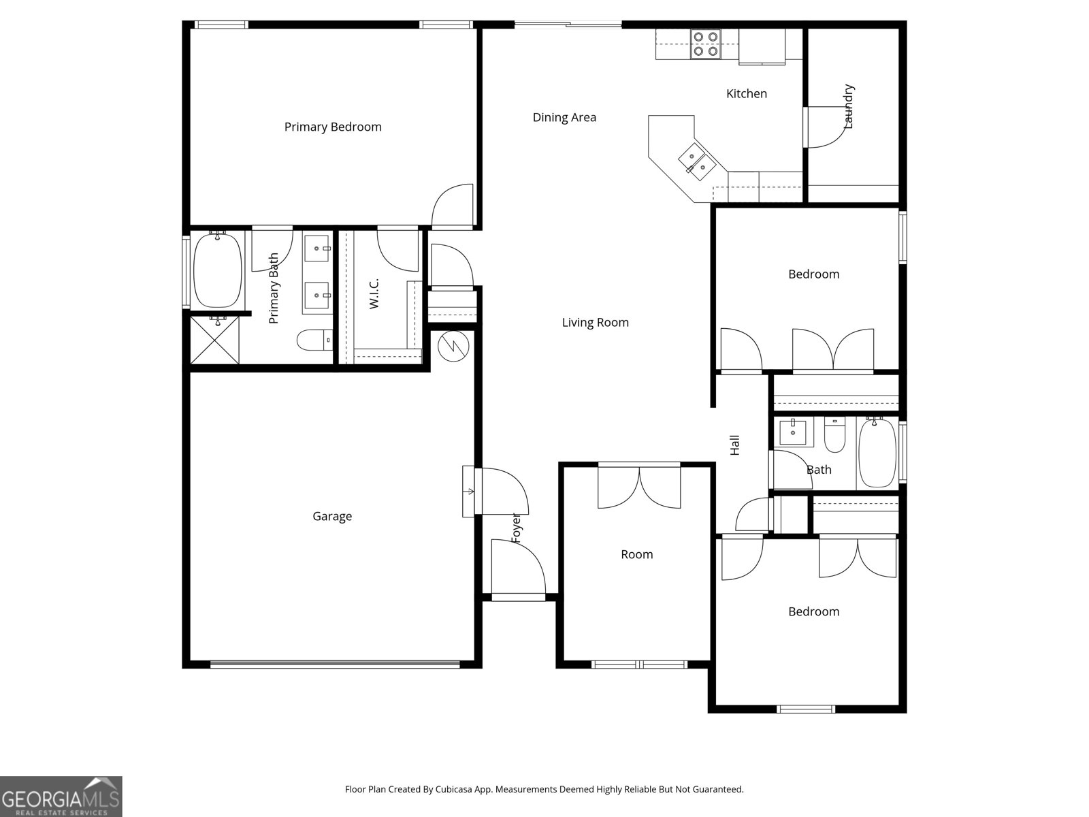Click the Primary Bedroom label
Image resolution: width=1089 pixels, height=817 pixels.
coord(333,127)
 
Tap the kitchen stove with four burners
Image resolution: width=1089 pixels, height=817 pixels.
coord(705,44)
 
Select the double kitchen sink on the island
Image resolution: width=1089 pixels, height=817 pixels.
coord(695,161)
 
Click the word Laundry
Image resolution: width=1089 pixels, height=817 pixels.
coord(848,106)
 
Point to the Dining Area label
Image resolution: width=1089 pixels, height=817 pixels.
coord(564,117)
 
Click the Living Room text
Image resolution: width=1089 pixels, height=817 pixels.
coord(595,322)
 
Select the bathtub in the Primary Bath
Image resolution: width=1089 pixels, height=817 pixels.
coord(218,270)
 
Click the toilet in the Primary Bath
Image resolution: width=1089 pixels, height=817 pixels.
coord(314,340)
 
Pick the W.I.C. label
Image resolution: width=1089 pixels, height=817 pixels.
coord(374,293)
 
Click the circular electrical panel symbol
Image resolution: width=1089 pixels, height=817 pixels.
coord(453,347)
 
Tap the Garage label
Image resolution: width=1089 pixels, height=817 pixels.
coord(332,516)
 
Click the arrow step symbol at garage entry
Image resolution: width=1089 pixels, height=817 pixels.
coord(470,491)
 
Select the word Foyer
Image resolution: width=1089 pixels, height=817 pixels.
coord(516,527)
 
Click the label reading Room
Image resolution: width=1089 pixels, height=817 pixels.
coord(636,554)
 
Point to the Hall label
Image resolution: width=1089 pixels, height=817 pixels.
coord(734,445)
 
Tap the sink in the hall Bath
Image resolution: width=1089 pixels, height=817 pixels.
coord(793,432)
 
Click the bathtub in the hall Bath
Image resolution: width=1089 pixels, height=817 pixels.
coord(877,453)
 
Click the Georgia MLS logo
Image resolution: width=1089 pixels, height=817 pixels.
coord(61,796)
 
